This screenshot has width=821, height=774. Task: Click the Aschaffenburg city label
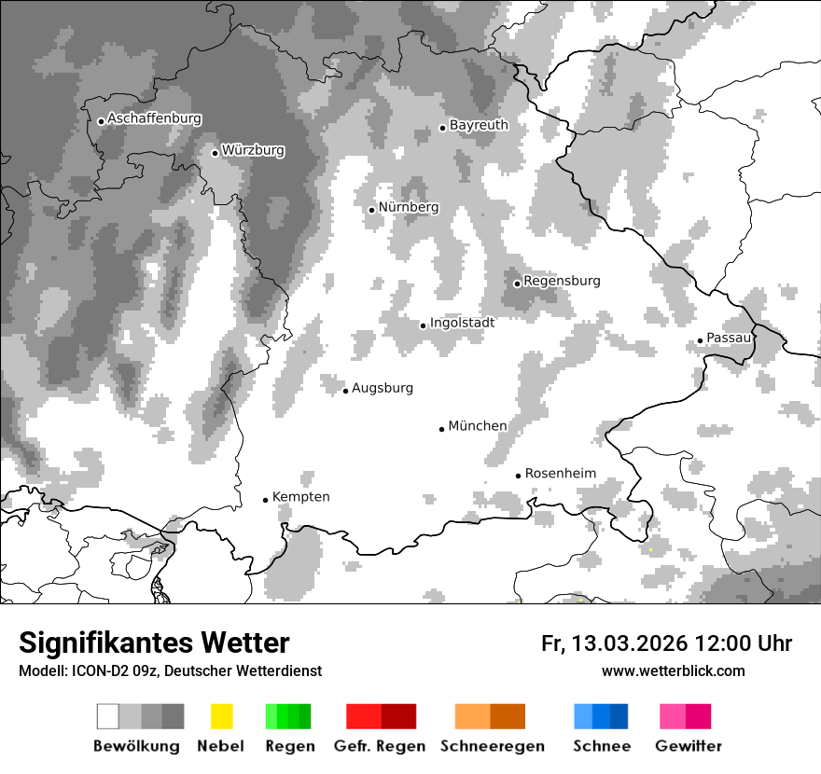(154, 119)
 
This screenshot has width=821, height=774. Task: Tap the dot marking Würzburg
(215, 153)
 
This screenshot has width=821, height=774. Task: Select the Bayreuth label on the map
(479, 125)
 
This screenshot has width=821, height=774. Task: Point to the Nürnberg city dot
(371, 210)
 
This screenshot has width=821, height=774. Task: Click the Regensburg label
(562, 281)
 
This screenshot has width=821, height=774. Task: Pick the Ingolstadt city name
(462, 323)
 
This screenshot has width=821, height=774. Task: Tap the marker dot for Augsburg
(345, 391)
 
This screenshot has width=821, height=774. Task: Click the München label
(478, 426)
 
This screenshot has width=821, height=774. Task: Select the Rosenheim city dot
(518, 476)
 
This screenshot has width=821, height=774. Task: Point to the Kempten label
(300, 497)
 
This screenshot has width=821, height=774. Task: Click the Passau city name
(729, 338)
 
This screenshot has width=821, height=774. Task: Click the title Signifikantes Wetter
(154, 643)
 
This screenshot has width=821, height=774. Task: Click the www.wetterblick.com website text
(673, 671)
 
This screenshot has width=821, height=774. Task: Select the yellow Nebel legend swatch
(221, 716)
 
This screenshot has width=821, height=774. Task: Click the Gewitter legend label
(688, 746)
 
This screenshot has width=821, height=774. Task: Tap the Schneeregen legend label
(492, 746)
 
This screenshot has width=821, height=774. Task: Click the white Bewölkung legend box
(108, 716)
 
